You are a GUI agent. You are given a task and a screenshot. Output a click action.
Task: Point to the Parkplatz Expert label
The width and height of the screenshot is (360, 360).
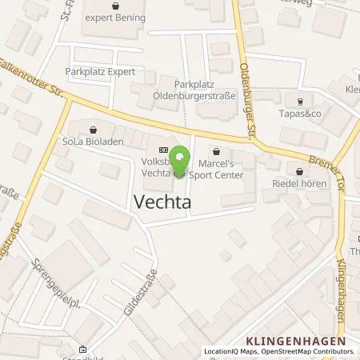(x=96, y=70)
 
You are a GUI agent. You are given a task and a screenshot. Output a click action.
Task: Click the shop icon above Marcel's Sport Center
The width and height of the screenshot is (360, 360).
(x=216, y=149)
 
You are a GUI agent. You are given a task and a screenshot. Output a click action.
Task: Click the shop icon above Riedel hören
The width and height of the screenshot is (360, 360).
(x=299, y=170)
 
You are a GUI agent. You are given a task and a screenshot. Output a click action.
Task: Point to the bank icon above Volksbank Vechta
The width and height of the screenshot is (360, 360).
(x=164, y=149)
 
